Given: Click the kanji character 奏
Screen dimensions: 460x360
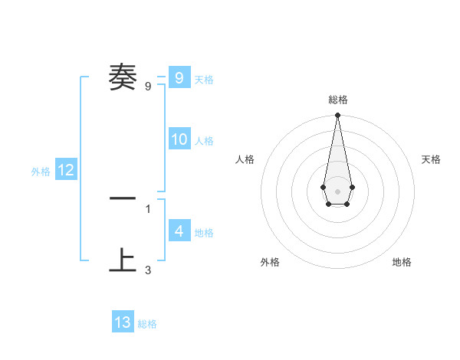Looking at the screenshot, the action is click(123, 77).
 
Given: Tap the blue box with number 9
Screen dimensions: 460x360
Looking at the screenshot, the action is click(179, 77).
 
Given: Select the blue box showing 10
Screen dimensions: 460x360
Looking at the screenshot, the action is click(179, 139).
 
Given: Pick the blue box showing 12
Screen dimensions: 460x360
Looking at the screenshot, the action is click(66, 170).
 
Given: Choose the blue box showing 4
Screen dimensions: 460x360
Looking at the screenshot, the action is click(179, 231).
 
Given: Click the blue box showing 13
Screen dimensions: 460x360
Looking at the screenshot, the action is click(123, 322).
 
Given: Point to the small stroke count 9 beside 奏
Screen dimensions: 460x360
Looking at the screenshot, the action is click(148, 87).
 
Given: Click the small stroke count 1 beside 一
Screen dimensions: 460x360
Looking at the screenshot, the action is click(148, 208).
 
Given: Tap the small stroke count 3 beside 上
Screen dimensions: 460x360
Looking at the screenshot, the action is click(148, 270).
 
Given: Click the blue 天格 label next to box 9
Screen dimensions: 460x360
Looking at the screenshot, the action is click(204, 80).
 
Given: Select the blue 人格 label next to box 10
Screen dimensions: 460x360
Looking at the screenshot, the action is click(204, 141).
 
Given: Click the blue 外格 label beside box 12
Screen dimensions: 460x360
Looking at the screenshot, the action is click(41, 172).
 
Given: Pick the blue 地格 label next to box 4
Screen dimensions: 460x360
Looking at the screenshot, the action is click(204, 233).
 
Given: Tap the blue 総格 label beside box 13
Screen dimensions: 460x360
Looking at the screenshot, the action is click(147, 325).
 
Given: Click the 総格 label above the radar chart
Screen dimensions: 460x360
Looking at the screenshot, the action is click(337, 100).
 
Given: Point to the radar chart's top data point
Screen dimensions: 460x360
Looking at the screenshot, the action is click(337, 116).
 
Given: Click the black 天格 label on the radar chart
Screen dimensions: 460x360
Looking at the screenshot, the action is click(431, 159).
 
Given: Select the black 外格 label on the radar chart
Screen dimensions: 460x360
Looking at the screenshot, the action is click(270, 262).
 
